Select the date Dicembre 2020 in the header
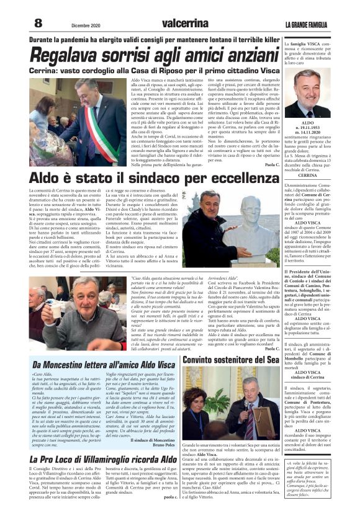85,24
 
